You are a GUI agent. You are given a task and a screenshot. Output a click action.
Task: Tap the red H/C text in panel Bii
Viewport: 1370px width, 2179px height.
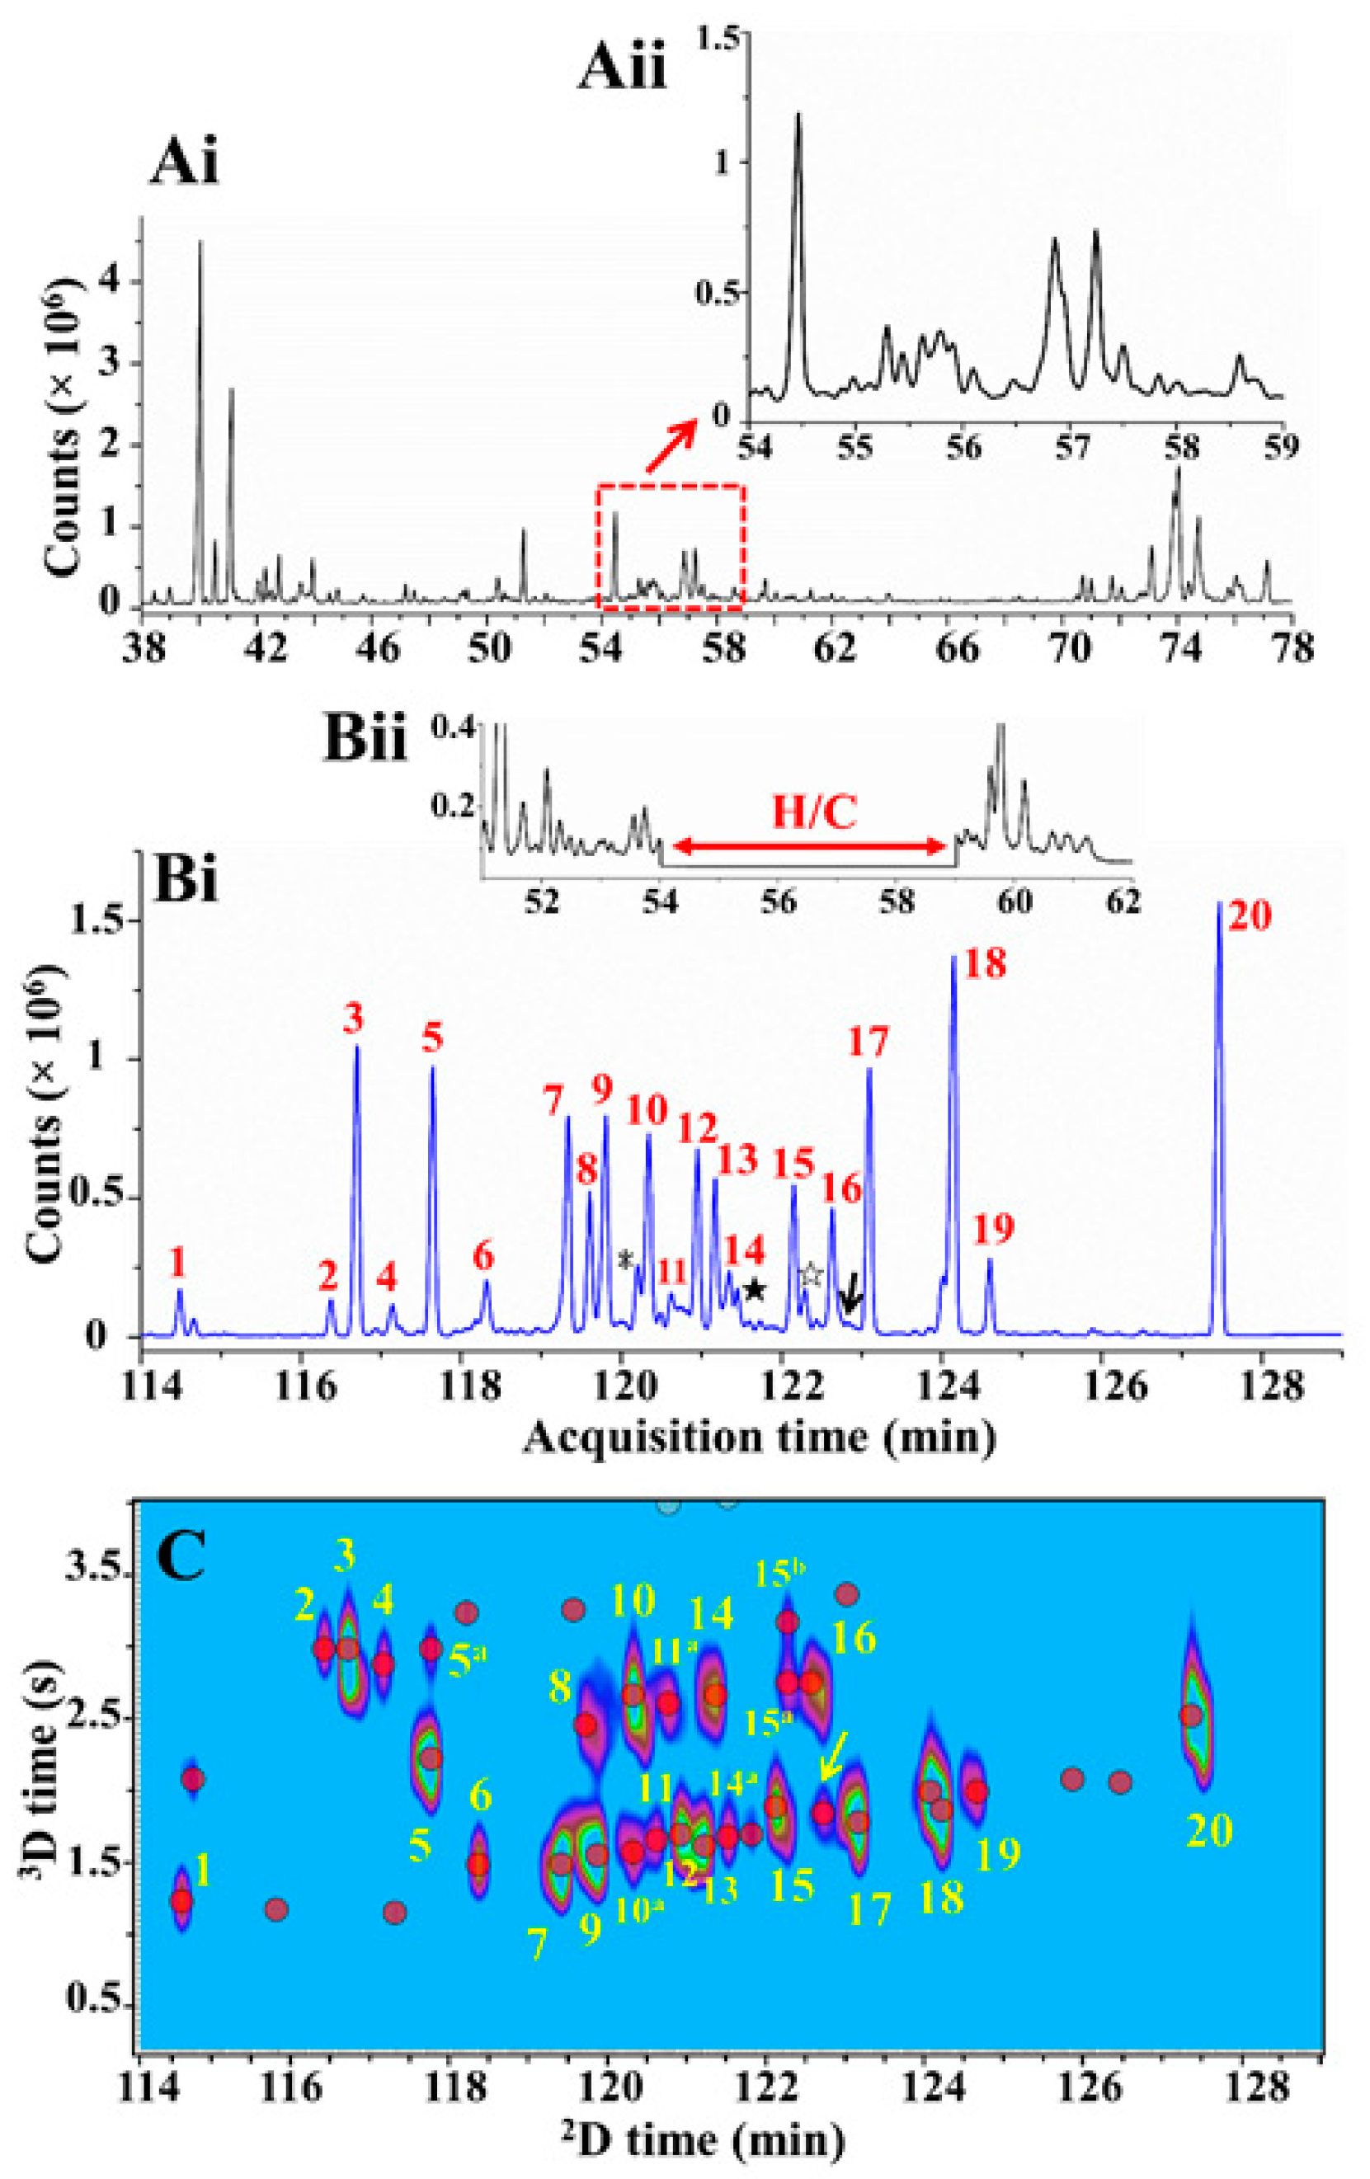point(813,813)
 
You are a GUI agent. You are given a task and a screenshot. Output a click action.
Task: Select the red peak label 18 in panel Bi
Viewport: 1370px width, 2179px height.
point(985,963)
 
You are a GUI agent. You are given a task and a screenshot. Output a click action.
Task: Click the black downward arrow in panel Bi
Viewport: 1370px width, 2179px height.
point(850,1301)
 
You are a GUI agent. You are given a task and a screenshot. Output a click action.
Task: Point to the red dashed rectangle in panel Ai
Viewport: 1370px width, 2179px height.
point(671,547)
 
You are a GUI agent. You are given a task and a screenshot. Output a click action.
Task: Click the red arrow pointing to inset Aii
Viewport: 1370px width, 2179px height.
point(671,446)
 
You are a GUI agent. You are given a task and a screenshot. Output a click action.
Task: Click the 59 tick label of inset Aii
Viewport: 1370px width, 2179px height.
point(1281,448)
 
